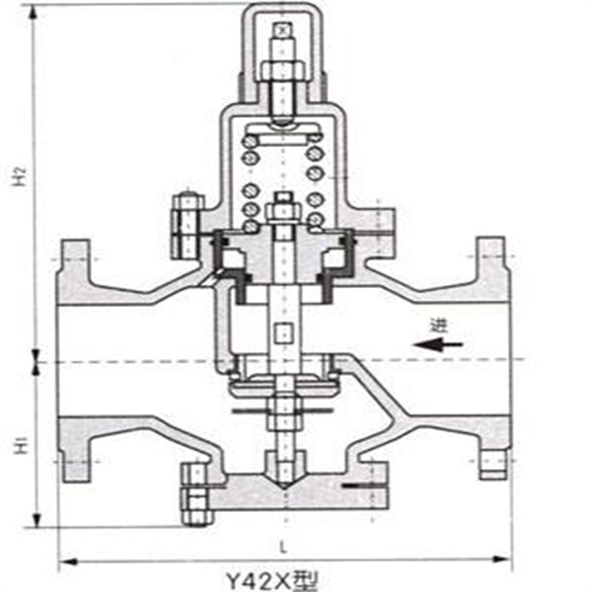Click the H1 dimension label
pos(22,446)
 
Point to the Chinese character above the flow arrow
pos(437,325)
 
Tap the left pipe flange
pos(74,358)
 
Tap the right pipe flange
pos(492,358)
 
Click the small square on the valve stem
pos(283,333)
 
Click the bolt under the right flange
pos(493,465)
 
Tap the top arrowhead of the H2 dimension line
pos(35,10)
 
